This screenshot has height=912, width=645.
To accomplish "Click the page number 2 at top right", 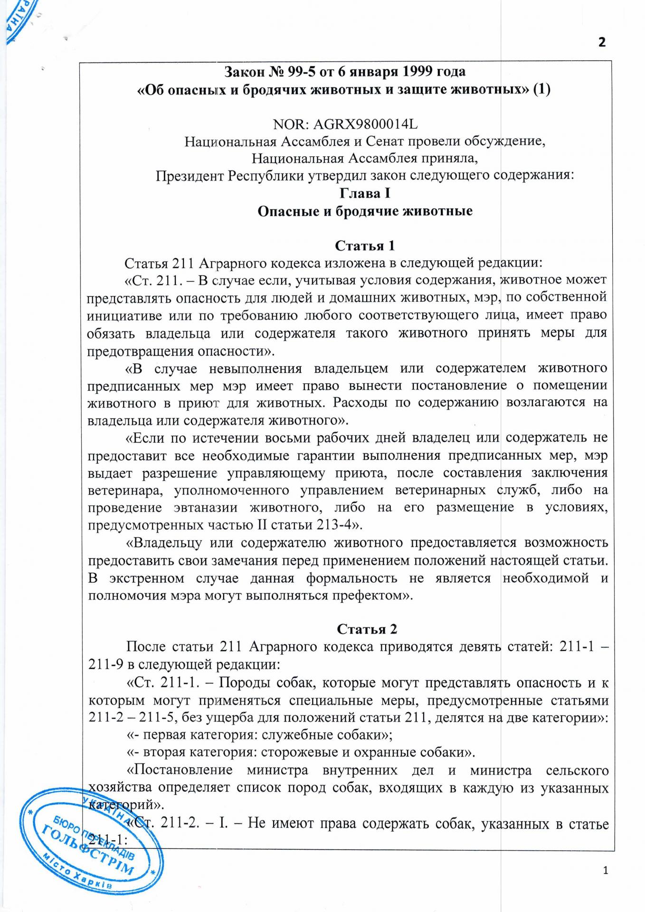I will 602,43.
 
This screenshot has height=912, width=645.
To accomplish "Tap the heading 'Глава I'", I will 365,194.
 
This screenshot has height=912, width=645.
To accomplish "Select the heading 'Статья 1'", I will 365,246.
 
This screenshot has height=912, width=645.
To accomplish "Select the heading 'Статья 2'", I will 367,629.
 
